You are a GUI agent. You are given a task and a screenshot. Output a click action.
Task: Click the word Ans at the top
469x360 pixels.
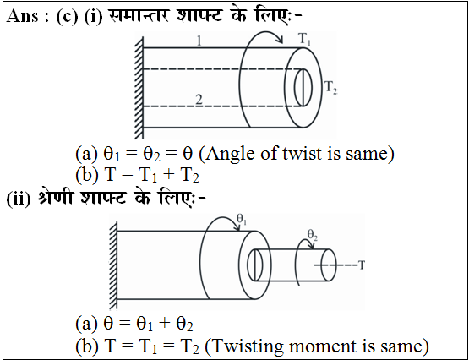23,16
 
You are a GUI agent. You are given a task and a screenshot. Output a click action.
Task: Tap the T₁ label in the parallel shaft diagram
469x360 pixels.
304,40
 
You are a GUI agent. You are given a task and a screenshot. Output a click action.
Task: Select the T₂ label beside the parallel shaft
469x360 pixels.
331,88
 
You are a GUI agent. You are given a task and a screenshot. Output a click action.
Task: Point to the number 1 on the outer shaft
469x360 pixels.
199,41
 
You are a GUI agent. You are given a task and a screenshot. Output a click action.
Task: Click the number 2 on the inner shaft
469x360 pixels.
199,100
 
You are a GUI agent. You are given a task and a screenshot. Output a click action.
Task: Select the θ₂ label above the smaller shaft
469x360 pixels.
313,235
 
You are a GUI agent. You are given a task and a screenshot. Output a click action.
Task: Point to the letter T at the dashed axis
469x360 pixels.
362,265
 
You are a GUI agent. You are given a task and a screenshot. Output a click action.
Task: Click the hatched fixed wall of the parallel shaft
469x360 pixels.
139,88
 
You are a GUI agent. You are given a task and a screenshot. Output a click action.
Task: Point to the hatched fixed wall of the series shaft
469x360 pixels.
112,267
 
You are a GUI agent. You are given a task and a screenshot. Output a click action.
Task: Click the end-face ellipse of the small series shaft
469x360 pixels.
329,265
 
